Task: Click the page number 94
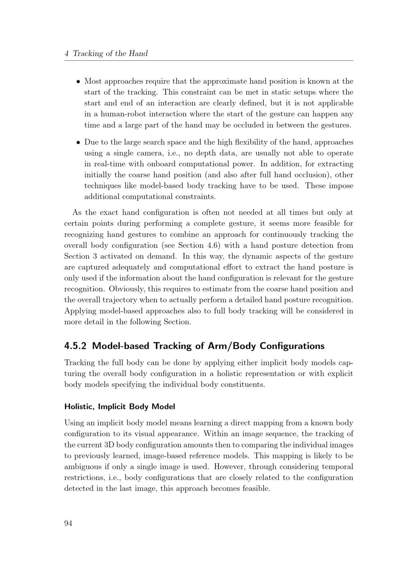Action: click(68, 523)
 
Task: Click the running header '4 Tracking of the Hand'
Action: click(106, 54)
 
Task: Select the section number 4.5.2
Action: click(76, 346)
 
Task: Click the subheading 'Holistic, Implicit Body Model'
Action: click(119, 407)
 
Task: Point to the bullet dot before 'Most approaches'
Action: click(78, 81)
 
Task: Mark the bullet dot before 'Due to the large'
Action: click(78, 142)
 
